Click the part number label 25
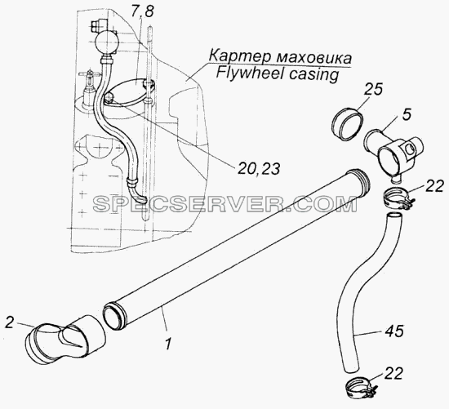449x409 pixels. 373,90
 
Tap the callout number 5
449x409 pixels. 406,114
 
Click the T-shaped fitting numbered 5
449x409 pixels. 393,153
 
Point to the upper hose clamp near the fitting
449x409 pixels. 397,199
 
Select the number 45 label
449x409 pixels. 393,331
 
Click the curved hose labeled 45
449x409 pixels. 362,292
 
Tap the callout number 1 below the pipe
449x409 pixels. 168,343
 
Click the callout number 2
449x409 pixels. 10,322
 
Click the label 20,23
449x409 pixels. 258,169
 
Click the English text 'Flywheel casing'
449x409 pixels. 277,75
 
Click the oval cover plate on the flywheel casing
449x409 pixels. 131,91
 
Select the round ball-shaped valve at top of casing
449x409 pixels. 106,42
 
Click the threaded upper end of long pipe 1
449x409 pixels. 358,179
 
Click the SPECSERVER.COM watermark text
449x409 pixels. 225,204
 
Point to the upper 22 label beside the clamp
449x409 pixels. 433,186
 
